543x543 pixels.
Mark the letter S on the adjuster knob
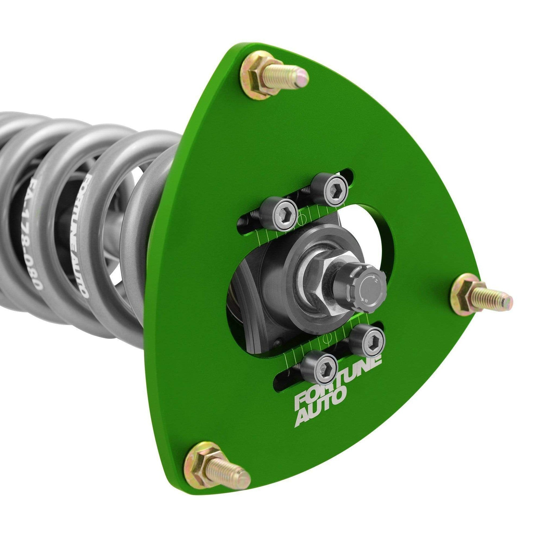click(x=366, y=301)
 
